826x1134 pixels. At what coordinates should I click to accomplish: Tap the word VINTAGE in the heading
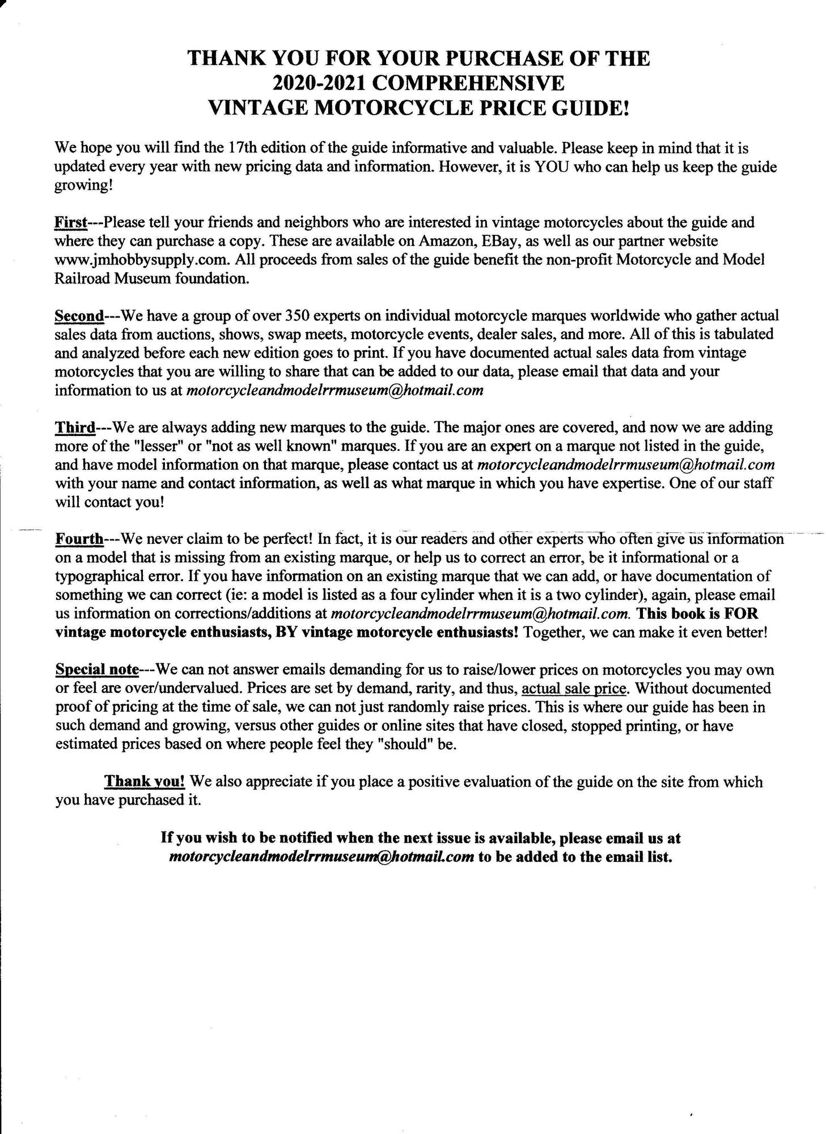click(257, 108)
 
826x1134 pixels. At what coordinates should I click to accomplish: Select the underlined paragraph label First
click(70, 222)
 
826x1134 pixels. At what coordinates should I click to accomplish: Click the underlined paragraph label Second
click(79, 315)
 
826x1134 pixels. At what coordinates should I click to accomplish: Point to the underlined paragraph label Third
click(74, 426)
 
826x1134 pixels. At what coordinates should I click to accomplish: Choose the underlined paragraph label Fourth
click(79, 538)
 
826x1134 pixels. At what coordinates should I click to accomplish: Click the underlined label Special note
click(97, 670)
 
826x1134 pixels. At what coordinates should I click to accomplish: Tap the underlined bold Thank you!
click(145, 781)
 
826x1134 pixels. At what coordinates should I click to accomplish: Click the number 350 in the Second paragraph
click(296, 315)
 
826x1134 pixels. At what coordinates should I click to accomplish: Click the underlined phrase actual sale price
click(574, 688)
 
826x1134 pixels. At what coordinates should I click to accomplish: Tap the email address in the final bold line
click(321, 856)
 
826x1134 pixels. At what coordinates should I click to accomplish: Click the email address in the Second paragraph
click(334, 390)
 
